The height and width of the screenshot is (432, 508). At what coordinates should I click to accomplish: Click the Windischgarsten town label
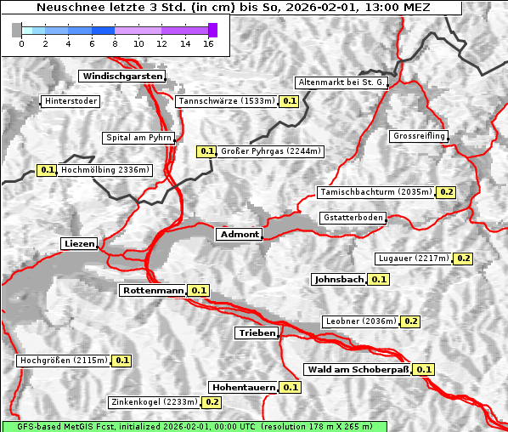click(x=121, y=76)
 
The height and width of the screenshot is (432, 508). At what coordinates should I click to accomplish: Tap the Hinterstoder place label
click(x=71, y=101)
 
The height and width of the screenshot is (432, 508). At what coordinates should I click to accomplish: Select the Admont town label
click(x=239, y=234)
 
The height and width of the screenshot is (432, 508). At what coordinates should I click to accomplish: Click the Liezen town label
click(x=79, y=244)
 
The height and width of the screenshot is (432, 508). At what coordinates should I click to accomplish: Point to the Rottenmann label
click(x=153, y=290)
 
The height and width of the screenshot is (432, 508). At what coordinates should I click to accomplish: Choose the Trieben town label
click(x=256, y=333)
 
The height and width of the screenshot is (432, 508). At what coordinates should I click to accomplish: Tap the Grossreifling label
click(x=419, y=136)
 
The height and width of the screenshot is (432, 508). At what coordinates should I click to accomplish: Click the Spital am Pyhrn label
click(x=138, y=137)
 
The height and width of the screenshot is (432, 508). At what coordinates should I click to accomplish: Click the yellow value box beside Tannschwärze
click(x=289, y=101)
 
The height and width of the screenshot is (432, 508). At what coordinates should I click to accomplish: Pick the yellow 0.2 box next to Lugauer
click(x=464, y=258)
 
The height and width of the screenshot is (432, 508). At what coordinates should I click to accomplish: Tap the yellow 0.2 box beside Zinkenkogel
click(x=212, y=401)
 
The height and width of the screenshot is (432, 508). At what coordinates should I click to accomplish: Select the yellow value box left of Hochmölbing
click(x=48, y=170)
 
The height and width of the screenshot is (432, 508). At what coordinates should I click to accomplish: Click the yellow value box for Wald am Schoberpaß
click(x=424, y=369)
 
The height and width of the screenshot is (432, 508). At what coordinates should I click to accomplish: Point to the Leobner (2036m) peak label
click(x=360, y=321)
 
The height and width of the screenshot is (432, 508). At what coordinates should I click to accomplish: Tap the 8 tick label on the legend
click(x=115, y=43)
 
